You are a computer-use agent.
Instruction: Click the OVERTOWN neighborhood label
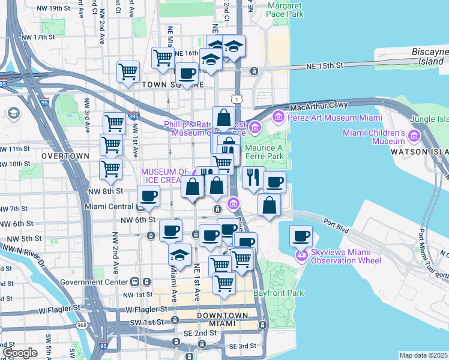pos(65,155)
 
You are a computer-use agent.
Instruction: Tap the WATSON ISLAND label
pos(420,152)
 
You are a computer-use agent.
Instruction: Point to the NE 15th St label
pos(324,65)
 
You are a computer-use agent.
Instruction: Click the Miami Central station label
pos(107,207)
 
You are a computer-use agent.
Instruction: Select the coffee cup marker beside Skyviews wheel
pos(301,236)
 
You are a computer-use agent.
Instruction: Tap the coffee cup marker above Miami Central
pos(148,195)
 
